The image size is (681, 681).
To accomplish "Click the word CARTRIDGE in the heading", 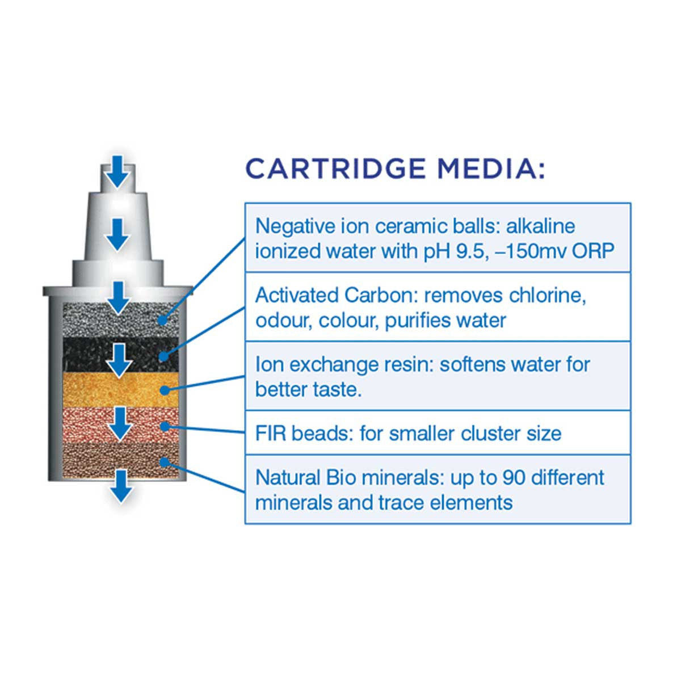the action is click(x=335, y=169).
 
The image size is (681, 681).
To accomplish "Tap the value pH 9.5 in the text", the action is click(x=453, y=252).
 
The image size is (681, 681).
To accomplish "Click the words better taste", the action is click(x=309, y=390).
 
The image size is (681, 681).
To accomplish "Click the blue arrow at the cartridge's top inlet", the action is click(x=117, y=171).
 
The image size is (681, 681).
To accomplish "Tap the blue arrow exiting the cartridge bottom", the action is click(x=121, y=486).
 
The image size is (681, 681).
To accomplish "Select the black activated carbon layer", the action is click(x=120, y=354).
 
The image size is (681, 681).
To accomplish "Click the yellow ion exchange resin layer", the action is click(x=120, y=389).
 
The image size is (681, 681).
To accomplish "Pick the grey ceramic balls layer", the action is click(x=120, y=320).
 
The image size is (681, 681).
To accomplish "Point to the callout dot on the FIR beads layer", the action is click(x=165, y=426).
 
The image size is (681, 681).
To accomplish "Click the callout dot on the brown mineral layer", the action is click(x=163, y=462).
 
